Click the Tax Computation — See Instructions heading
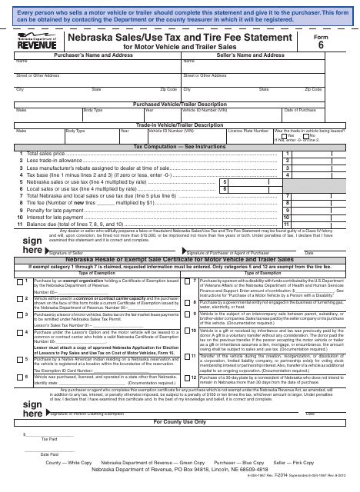180,145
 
